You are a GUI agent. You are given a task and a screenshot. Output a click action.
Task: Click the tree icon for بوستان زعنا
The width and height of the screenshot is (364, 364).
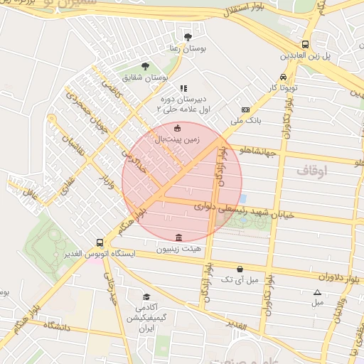click(x=188, y=36)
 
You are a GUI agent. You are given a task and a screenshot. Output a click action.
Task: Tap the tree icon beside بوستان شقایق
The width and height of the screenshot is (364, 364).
click(x=146, y=66)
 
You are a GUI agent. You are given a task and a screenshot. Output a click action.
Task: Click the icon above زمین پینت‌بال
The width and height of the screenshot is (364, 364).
click(x=177, y=129)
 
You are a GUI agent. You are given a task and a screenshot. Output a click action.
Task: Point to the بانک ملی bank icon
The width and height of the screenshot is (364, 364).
click(x=245, y=109)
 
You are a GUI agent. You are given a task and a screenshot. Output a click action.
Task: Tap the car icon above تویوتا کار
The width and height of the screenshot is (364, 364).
click(x=284, y=77)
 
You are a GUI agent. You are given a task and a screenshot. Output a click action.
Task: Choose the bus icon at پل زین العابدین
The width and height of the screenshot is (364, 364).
click(x=305, y=43)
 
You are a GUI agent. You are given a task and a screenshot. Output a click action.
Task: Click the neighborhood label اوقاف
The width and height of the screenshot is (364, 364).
click(x=310, y=171)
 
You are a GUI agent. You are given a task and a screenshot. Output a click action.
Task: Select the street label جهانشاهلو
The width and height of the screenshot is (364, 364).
click(x=255, y=151)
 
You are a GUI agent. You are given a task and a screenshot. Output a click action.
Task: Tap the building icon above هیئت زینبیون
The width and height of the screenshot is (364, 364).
click(x=178, y=237)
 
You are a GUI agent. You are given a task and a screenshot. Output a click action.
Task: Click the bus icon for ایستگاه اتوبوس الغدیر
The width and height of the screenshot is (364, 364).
click(x=100, y=242)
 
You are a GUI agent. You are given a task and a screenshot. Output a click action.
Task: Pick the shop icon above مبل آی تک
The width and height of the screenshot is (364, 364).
click(x=240, y=269)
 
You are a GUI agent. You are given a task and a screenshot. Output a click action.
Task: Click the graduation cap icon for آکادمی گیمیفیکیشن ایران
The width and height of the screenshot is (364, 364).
click(x=146, y=297)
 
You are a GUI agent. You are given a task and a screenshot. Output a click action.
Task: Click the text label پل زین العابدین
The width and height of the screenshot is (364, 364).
click(x=304, y=55)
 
